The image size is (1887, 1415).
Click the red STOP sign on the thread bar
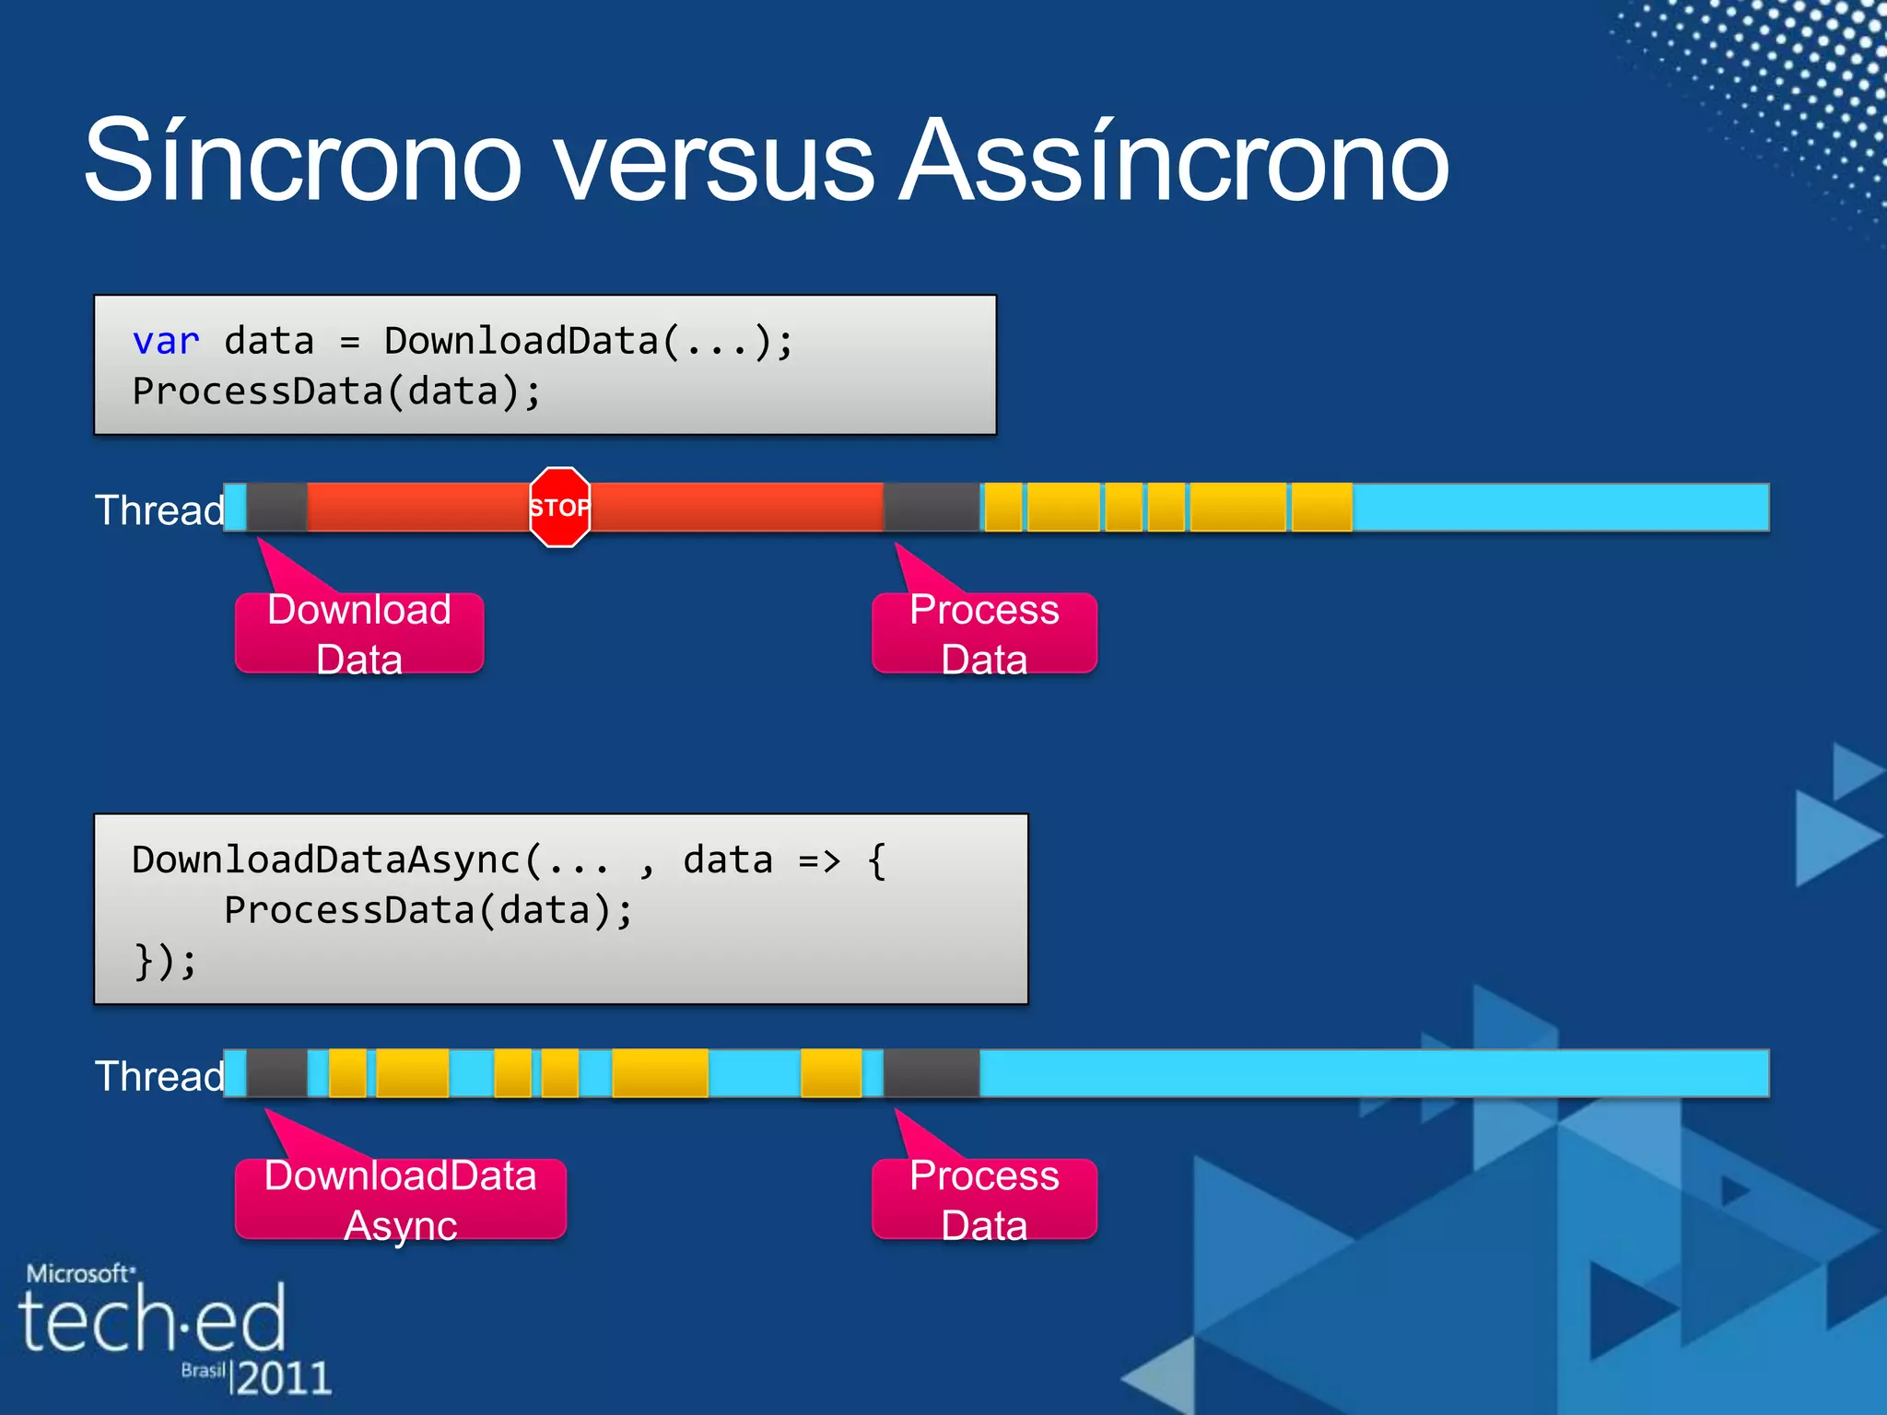click(x=559, y=508)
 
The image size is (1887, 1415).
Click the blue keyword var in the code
click(x=166, y=342)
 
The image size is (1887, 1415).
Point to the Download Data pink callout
click(x=359, y=634)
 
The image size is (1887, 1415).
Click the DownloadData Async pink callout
click(x=400, y=1199)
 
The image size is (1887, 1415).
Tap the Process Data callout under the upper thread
click(x=984, y=634)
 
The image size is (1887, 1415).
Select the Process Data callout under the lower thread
click(x=984, y=1199)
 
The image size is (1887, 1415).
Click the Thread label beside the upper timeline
click(x=159, y=510)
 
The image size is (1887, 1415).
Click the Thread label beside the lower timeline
click(x=159, y=1076)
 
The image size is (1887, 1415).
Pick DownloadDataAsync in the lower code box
click(x=327, y=860)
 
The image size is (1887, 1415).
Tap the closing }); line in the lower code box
click(x=165, y=962)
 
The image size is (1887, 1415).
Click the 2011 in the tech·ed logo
click(x=284, y=1378)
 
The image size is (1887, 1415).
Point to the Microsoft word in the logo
click(x=79, y=1274)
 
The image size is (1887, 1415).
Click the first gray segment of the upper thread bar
click(x=276, y=508)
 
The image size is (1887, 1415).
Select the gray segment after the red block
click(x=931, y=508)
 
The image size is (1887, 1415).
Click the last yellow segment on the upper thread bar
click(x=1321, y=508)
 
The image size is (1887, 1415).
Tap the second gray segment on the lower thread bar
click(x=931, y=1073)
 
